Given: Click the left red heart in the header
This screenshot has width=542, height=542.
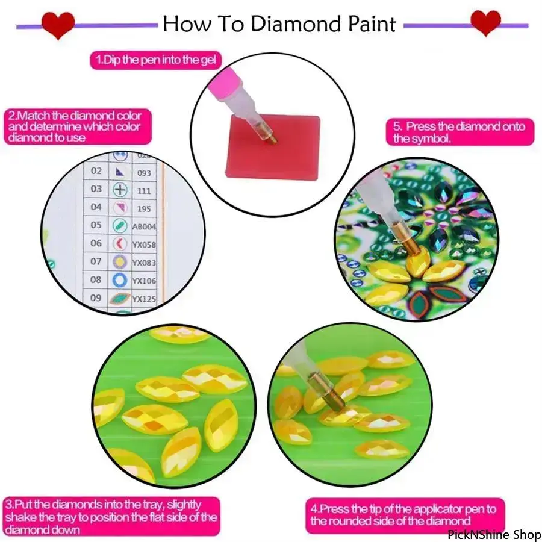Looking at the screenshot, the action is tap(58, 25).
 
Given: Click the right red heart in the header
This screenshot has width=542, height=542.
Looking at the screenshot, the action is tap(485, 22).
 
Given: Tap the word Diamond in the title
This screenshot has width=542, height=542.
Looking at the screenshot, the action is tap(296, 24).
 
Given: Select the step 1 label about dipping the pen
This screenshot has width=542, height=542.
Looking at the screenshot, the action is tap(155, 60).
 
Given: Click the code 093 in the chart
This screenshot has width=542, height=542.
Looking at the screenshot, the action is tap(144, 173).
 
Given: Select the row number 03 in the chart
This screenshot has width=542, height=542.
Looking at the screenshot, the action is tap(96, 189).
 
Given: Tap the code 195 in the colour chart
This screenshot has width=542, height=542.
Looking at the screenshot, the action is tap(144, 209).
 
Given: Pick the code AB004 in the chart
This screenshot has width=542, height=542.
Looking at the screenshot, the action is tap(145, 227).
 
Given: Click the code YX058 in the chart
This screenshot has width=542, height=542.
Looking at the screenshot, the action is tap(145, 245).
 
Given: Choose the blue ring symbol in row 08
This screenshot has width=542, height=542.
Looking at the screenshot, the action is tap(120, 280).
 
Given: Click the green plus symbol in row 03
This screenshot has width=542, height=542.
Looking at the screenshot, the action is tap(120, 190).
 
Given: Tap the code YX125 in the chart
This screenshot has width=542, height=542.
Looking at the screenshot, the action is tap(145, 299).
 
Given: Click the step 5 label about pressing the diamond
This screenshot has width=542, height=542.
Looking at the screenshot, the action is tap(459, 132).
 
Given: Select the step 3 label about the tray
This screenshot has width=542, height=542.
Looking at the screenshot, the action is tap(111, 517).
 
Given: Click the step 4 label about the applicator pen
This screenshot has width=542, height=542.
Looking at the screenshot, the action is tap(405, 515).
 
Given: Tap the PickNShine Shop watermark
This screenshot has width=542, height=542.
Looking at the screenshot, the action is tap(494, 534).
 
